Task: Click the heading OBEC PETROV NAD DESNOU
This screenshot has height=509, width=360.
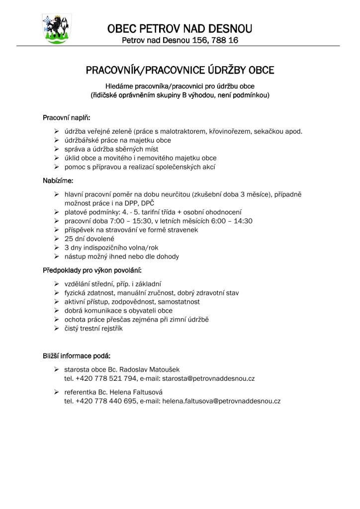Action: [x=180, y=28]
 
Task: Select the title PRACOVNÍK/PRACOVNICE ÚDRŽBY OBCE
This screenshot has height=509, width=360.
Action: [x=180, y=70]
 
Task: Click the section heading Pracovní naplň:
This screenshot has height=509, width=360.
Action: [x=67, y=118]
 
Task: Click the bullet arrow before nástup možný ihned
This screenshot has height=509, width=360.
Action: [x=57, y=257]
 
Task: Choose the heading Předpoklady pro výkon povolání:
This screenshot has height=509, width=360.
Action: [x=92, y=270]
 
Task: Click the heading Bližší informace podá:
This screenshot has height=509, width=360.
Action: [x=77, y=356]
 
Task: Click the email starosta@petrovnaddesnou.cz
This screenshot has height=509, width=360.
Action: [x=209, y=378]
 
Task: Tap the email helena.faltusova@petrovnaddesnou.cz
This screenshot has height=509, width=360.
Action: [x=221, y=401]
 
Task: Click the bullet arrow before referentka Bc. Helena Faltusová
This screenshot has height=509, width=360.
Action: [x=57, y=392]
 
